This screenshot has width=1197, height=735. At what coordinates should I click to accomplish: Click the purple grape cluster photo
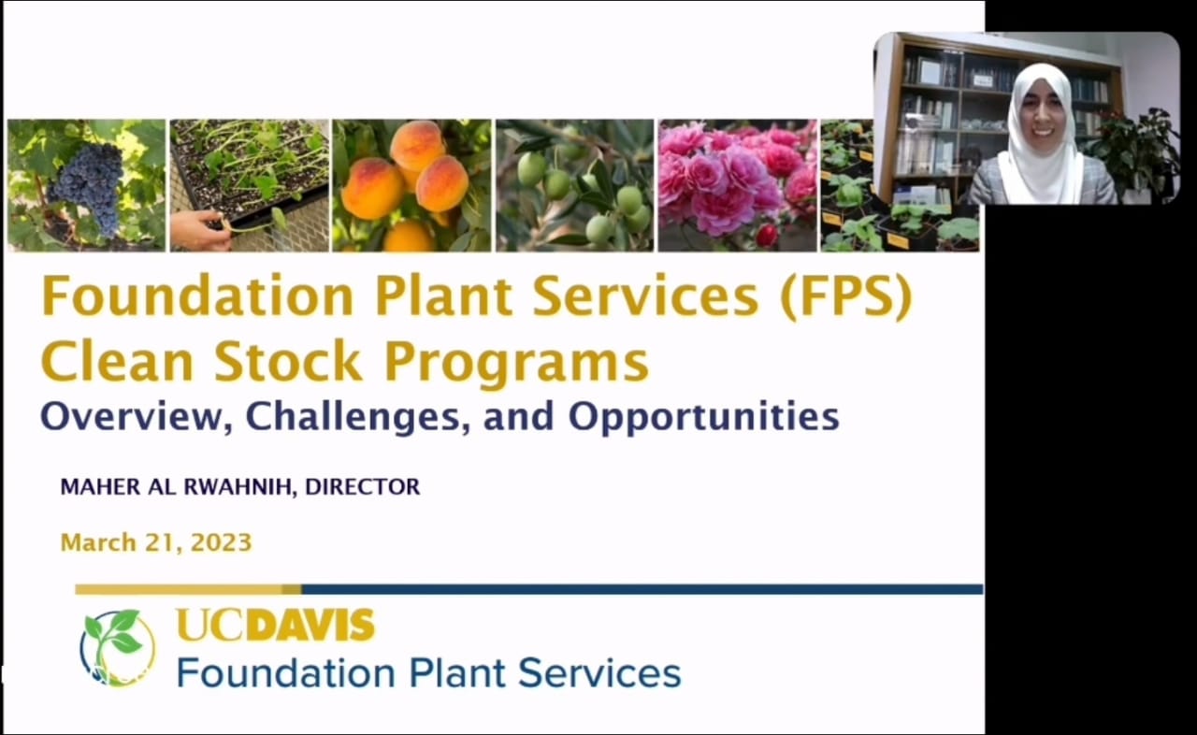tap(86, 185)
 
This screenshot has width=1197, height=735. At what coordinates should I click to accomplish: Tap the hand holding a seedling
tap(199, 230)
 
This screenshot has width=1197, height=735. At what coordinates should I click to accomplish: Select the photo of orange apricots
tap(411, 185)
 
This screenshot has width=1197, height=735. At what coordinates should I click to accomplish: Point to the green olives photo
tap(574, 185)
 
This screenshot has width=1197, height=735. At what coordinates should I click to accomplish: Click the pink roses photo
tap(738, 185)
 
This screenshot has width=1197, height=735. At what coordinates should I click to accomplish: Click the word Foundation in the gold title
tap(197, 295)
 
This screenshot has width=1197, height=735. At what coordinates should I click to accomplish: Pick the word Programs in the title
tap(517, 363)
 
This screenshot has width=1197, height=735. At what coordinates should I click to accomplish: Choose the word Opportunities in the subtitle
tap(703, 418)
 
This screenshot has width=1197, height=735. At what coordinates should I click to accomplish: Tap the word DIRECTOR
tap(362, 486)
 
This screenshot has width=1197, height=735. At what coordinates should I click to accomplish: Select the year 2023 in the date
tap(221, 542)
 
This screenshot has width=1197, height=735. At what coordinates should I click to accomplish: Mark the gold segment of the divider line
tap(188, 590)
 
